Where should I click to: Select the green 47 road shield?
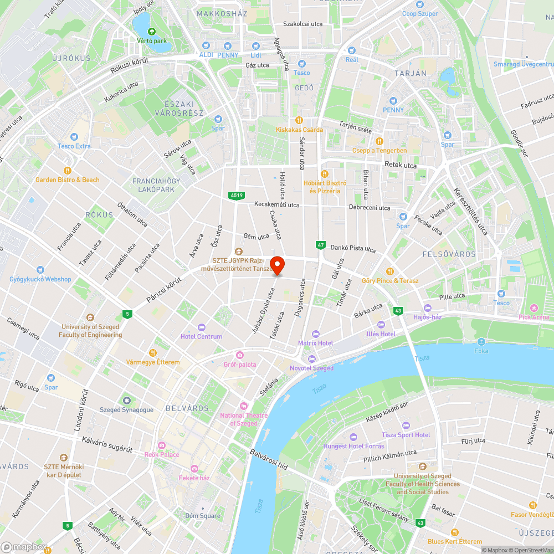320,244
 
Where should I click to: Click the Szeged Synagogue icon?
126,401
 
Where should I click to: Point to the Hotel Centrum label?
201,336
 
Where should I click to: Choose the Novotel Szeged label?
312,368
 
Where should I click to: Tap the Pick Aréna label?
534,317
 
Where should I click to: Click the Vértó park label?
152,41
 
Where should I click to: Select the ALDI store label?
206,55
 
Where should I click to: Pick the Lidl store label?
255,55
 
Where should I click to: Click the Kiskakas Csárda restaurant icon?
299,120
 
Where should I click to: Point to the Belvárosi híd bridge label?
268,460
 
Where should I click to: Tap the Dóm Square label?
203,516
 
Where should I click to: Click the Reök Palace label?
162,454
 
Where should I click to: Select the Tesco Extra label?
74,146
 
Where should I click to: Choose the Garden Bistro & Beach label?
68,179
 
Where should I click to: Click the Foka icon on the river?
481,342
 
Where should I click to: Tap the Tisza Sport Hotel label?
406,435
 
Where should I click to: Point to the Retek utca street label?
400,165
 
